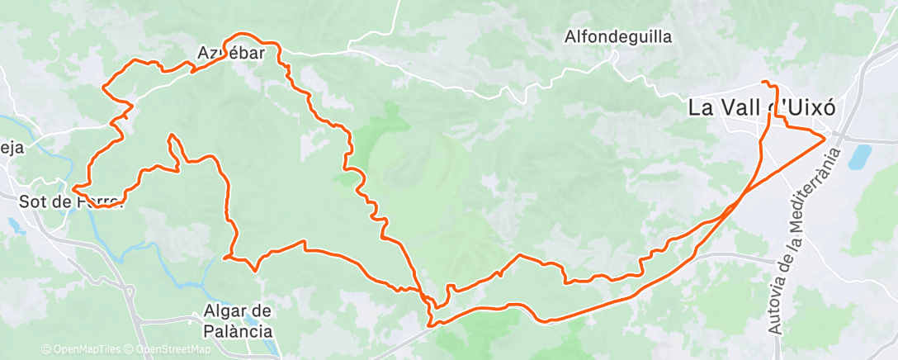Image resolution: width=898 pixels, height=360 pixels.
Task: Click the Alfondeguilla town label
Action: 618,36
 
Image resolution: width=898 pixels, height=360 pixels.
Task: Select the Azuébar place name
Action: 231,54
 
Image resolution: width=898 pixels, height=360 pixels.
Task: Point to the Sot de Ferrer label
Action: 70,200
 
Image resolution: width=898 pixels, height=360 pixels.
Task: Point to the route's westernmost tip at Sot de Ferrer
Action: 73,189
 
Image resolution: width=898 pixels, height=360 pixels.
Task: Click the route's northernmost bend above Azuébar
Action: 242,35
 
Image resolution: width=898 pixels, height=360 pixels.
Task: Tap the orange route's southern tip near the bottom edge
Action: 430,325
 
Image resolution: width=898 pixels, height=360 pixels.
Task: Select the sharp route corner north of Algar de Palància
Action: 224,258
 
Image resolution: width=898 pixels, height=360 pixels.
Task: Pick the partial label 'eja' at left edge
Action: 12,149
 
